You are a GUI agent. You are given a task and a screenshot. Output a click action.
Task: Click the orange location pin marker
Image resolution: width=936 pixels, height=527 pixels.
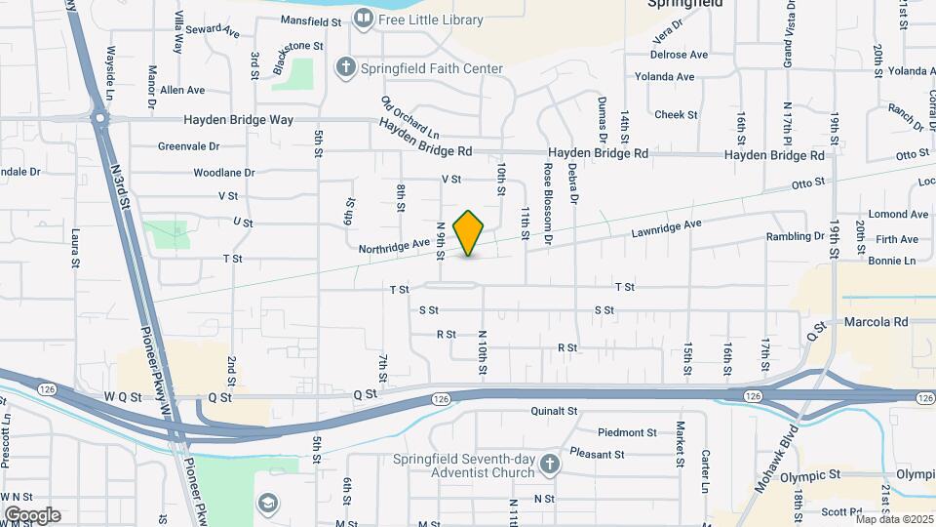click(469, 232)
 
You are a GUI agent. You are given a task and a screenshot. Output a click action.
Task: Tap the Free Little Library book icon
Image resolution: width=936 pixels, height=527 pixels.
click(363, 19)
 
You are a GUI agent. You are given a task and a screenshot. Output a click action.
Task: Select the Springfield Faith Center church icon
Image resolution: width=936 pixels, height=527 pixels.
click(343, 67)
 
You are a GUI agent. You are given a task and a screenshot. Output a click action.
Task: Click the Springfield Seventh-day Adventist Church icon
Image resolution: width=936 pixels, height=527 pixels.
click(549, 465)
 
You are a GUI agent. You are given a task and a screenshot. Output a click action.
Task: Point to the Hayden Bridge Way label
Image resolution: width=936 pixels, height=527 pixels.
click(239, 120)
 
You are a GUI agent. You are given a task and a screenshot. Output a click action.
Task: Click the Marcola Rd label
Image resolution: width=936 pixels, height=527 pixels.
click(876, 321)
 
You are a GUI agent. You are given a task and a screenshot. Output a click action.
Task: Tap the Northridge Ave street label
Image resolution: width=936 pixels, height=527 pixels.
click(394, 246)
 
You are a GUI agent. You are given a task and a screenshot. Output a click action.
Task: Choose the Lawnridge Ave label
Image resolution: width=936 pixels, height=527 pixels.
click(667, 227)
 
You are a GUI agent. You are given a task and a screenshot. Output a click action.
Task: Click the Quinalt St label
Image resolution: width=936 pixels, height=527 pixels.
click(555, 412)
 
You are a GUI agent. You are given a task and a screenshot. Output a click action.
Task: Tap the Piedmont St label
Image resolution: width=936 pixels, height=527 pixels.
click(627, 432)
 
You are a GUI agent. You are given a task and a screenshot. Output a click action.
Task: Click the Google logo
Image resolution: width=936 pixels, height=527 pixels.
click(31, 515)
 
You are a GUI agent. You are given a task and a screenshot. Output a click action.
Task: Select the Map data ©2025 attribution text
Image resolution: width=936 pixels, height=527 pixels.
click(894, 519)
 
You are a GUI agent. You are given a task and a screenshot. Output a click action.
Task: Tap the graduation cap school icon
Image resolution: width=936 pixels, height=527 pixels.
click(267, 503)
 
